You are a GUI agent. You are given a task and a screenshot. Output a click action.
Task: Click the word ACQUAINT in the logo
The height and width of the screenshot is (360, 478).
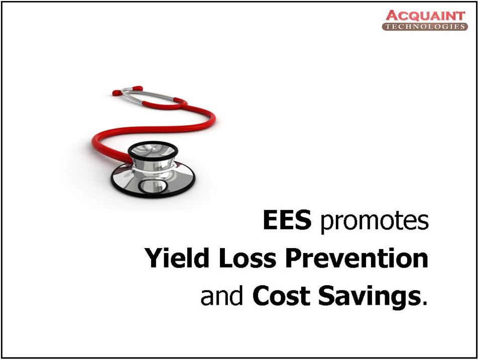426,16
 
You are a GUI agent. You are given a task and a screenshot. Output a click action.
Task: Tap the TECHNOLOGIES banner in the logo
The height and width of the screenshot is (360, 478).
425,27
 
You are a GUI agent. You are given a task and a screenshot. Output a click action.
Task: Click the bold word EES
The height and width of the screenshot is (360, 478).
287,219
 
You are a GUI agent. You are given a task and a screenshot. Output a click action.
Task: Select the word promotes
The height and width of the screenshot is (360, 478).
374,221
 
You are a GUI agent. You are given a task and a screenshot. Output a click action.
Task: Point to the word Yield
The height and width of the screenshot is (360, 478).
177,258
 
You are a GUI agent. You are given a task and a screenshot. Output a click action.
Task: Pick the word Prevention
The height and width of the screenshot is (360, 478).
356,258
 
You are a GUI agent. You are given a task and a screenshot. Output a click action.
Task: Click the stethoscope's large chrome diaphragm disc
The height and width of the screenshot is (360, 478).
153,180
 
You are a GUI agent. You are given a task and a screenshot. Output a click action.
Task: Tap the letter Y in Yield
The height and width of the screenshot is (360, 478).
153,258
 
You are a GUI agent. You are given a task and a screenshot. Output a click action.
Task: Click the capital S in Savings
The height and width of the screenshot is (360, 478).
326,296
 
